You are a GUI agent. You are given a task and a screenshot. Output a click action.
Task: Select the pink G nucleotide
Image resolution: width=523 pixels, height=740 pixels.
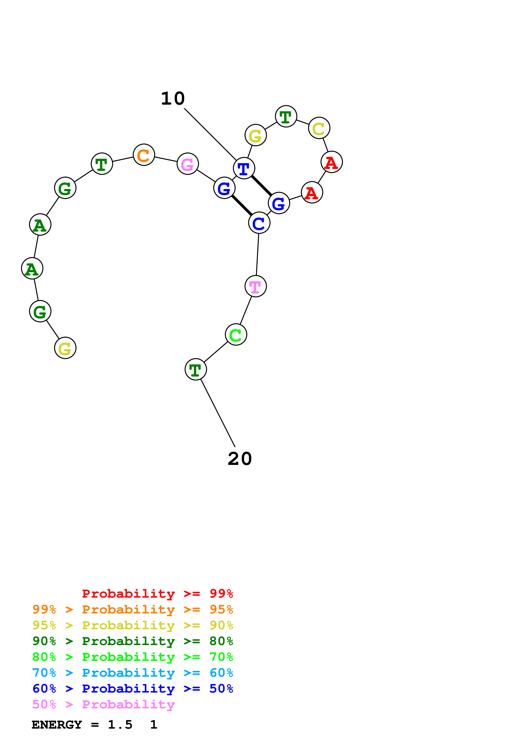(x=188, y=164)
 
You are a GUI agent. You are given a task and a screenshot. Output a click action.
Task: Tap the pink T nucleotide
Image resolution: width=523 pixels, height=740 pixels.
(x=255, y=286)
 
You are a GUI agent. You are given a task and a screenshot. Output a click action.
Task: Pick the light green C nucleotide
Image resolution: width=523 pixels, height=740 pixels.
(x=236, y=335)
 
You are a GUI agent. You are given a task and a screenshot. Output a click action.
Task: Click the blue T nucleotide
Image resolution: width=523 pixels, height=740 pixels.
(x=244, y=168)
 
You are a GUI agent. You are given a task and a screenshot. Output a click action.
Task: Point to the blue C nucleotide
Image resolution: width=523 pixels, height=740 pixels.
(x=259, y=223)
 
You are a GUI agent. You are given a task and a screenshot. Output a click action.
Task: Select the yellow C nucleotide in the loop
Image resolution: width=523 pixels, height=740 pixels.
(x=319, y=128)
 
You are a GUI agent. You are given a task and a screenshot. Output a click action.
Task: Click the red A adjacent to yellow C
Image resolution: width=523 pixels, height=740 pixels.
(x=332, y=162)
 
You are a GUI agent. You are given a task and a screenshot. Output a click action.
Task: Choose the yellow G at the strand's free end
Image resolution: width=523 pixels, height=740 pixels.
(x=65, y=348)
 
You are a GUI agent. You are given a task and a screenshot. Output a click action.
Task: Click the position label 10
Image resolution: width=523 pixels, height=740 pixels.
(x=173, y=98)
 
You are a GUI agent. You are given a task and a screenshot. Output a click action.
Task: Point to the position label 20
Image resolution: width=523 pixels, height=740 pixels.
(x=240, y=459)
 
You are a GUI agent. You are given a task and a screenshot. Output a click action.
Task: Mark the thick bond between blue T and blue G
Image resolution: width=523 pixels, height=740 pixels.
(x=261, y=185)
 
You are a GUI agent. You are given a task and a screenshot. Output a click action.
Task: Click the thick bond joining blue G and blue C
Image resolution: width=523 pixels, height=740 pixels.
(x=242, y=205)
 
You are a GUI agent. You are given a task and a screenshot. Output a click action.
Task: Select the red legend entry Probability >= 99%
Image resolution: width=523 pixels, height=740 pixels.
(x=157, y=593)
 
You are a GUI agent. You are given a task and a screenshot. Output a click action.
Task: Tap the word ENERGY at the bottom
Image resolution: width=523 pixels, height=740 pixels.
(x=57, y=725)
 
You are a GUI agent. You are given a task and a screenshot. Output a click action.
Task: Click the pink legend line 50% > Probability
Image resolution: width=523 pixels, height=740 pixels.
(x=103, y=705)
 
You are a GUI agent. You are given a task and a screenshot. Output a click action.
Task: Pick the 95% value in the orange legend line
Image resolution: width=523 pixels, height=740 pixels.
(x=221, y=609)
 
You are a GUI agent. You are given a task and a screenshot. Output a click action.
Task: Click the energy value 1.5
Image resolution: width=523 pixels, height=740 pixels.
(x=120, y=725)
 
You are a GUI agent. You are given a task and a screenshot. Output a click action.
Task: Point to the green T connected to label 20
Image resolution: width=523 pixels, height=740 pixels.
(x=196, y=369)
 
